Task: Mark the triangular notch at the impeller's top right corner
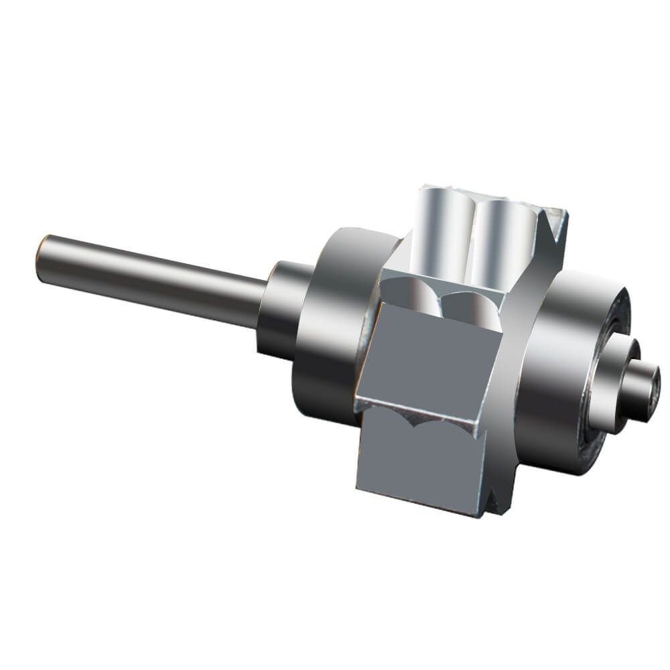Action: (555, 221)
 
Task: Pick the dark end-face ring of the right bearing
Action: (606, 402)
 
